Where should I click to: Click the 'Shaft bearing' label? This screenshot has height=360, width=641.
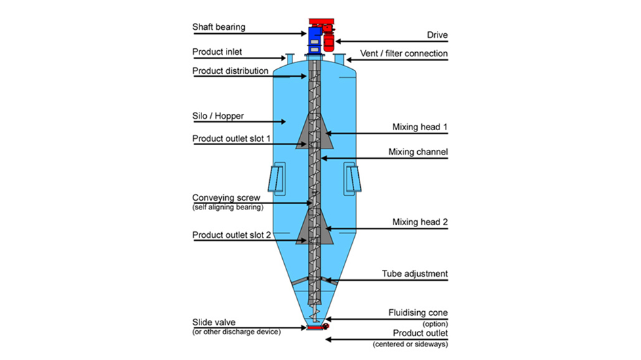point(218,27)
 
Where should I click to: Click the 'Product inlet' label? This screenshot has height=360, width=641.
point(217,52)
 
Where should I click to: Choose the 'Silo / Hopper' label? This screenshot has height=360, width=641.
point(216,116)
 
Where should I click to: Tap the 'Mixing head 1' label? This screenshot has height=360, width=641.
point(420,127)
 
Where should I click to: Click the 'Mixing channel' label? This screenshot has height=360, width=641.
point(418,152)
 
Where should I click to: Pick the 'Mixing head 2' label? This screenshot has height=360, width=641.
point(420,222)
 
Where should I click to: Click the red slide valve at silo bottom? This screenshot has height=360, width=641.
point(315,328)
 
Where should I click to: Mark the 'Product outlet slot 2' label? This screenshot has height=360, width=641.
point(232,235)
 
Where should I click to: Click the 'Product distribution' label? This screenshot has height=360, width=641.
point(230,71)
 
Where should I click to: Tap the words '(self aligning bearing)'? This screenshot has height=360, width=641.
point(228,207)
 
